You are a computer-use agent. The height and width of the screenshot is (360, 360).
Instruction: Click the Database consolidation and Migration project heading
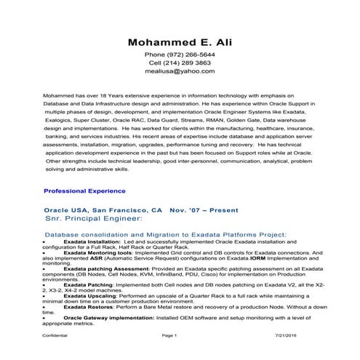pyautogui.click(x=166, y=235)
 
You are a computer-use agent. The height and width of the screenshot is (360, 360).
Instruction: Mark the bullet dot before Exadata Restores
pyautogui.click(x=44, y=308)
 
